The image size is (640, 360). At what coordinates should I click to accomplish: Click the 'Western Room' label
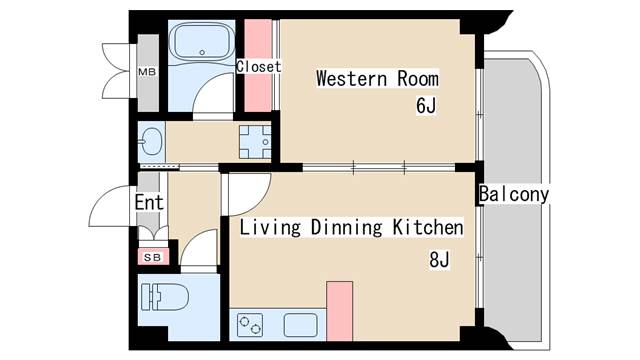click(378, 78)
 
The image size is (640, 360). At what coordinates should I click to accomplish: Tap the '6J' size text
click(426, 105)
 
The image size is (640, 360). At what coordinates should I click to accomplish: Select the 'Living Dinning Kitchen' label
click(351, 227)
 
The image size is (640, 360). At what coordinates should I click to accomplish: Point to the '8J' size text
click(439, 259)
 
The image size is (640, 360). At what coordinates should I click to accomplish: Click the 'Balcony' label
click(514, 194)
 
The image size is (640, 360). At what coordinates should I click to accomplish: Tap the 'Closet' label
click(259, 67)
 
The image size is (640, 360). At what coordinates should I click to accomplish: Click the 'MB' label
click(147, 72)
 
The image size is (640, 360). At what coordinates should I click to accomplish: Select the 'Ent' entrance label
click(149, 202)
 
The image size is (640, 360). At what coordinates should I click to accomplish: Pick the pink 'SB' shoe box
click(153, 257)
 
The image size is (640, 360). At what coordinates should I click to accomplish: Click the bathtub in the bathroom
click(202, 41)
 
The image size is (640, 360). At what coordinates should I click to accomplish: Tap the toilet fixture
click(164, 297)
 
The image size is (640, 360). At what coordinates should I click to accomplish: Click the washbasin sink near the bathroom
click(151, 142)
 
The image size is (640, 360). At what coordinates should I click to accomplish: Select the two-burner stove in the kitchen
click(250, 325)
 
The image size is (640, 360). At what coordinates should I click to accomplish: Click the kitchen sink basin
click(300, 325)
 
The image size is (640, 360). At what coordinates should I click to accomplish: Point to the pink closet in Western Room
click(258, 65)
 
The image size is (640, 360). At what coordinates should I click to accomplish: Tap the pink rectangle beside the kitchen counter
click(340, 311)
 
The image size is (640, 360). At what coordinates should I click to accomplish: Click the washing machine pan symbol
click(255, 142)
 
